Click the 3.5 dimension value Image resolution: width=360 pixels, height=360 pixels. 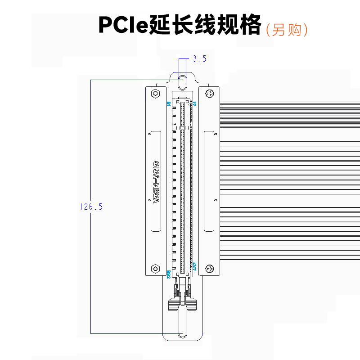click(199, 59)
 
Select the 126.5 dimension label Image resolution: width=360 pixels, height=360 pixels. click(91, 207)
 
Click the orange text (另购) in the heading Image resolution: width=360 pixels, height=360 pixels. click(287, 30)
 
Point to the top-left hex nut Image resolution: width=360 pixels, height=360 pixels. click(155, 94)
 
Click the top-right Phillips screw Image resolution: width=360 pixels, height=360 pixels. click(211, 94)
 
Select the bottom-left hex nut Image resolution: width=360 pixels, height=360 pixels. click(155, 269)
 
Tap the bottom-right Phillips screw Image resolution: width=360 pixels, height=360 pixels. click(211, 269)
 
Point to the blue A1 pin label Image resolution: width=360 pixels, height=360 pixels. click(195, 103)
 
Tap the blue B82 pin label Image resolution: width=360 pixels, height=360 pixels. click(168, 274)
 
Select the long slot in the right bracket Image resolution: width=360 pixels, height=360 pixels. click(209, 181)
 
